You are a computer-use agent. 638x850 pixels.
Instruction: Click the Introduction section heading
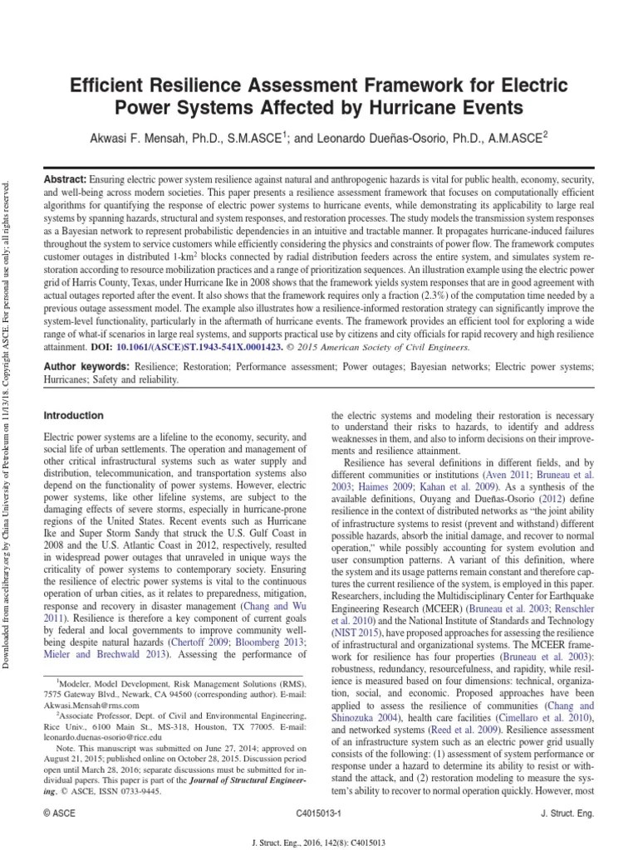[73, 415]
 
